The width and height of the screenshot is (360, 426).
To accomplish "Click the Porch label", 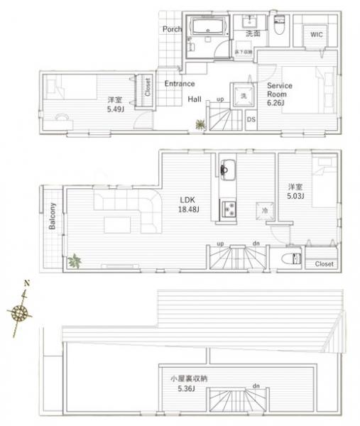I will (x=172, y=29).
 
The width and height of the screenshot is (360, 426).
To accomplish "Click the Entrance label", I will (x=180, y=83).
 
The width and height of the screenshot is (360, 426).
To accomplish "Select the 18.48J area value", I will (x=187, y=209).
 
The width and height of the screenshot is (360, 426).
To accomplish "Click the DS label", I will (x=251, y=119).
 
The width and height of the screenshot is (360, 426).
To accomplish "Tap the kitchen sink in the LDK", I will (x=229, y=170).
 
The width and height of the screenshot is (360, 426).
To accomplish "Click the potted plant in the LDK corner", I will (x=74, y=261).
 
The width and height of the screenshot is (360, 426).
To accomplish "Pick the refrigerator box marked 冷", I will (x=263, y=211).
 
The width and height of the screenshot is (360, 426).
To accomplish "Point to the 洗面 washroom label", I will (x=253, y=34).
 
